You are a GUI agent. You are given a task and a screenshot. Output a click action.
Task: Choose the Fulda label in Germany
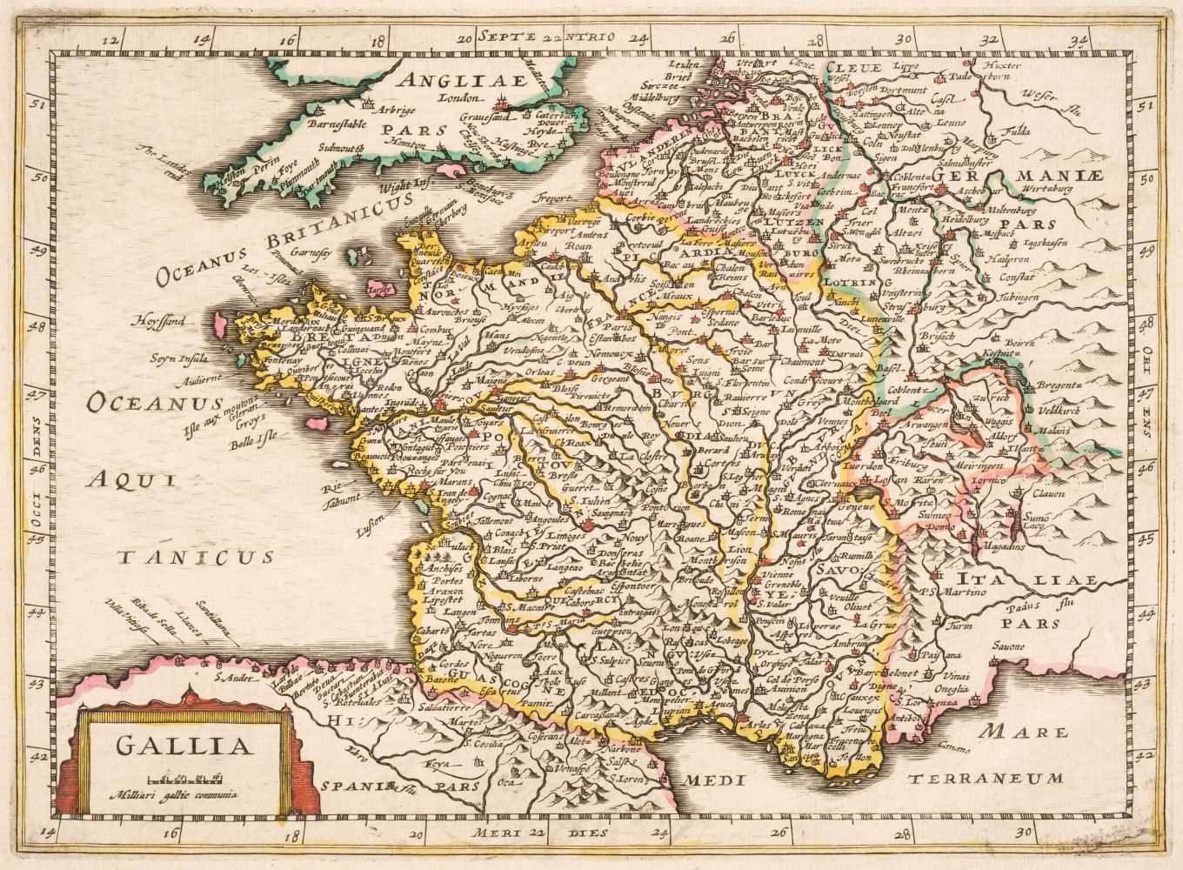click(x=1018, y=132)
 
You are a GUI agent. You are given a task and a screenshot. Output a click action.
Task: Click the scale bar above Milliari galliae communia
click(x=182, y=777)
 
